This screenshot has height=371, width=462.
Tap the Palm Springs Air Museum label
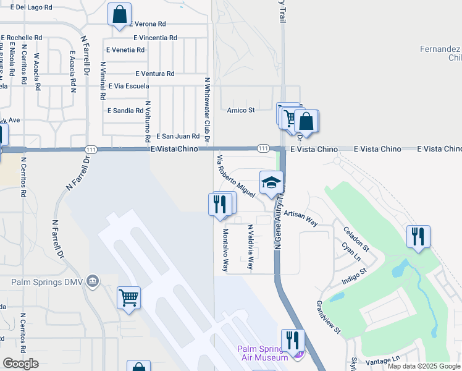[262, 353]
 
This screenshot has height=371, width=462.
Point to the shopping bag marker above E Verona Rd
[119, 15]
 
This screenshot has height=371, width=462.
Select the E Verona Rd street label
[148, 24]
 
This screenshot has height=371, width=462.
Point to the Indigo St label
[355, 275]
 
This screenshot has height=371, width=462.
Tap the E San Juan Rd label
[178, 136]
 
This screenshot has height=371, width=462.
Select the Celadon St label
[356, 239]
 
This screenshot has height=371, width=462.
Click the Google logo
[20, 364]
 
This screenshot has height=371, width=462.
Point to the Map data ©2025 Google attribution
[424, 366]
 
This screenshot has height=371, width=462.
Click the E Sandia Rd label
[125, 111]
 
